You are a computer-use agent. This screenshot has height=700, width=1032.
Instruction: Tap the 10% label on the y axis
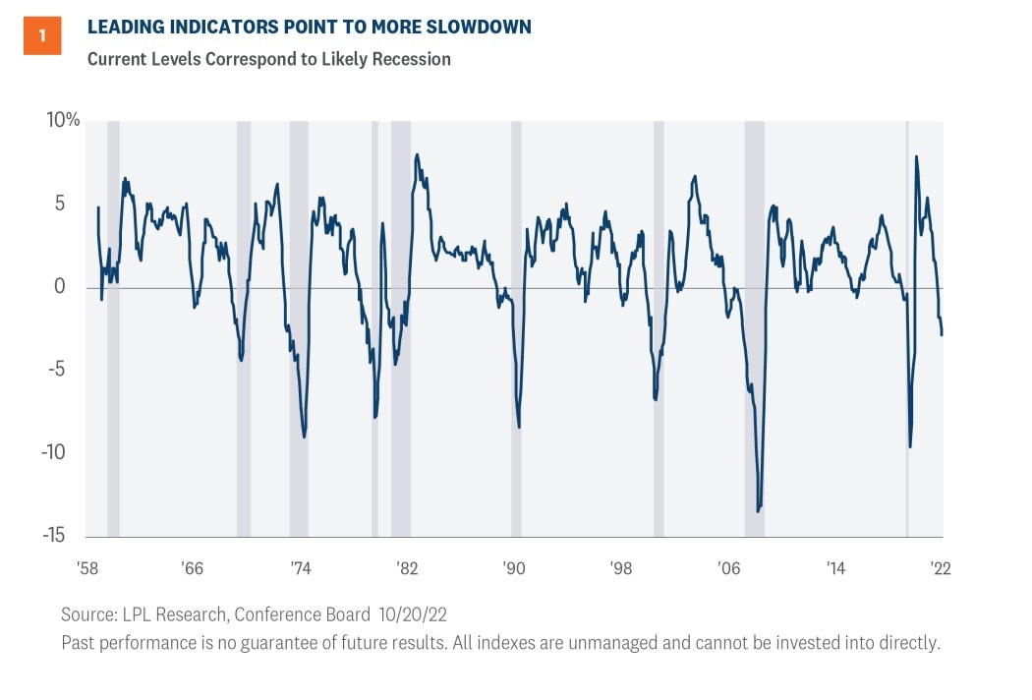coord(63,121)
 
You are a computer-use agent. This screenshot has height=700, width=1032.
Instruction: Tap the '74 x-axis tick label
coord(300,568)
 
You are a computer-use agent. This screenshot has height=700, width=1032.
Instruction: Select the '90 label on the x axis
coord(514,568)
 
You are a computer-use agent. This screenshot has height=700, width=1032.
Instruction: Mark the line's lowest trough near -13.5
coord(758,510)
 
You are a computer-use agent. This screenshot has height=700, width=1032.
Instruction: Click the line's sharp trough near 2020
coord(910,447)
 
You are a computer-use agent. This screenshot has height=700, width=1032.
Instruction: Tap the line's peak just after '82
coord(418,154)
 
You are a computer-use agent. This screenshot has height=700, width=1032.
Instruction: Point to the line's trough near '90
coord(519,427)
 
